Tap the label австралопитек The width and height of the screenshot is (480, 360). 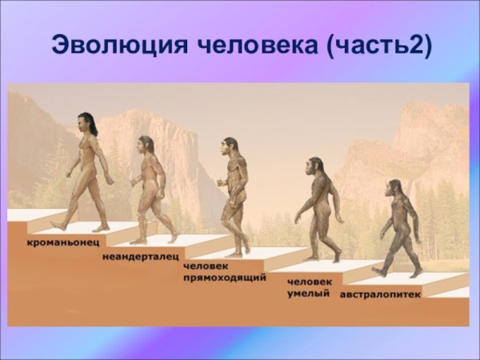click(381, 294)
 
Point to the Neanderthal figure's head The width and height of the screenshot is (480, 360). click(146, 146)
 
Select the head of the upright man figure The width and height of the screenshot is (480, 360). click(230, 147)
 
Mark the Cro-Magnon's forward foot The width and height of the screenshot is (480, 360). click(57, 226)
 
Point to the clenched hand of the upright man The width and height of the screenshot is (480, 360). click(220, 182)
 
